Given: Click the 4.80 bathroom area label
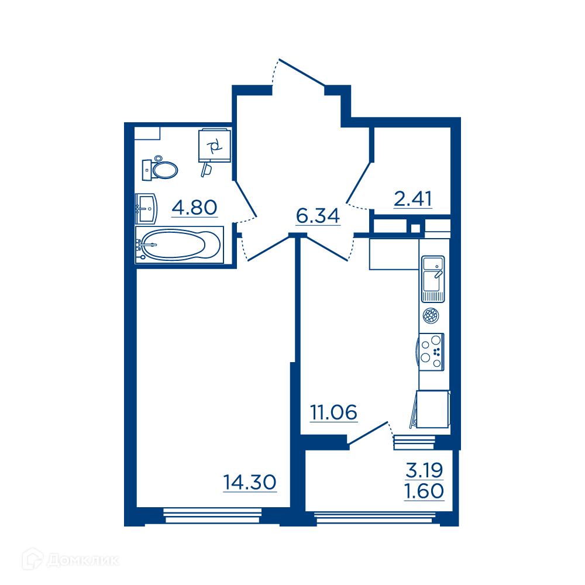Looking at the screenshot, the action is pyautogui.click(x=194, y=208).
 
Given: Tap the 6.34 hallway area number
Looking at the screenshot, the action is pyautogui.click(x=318, y=216).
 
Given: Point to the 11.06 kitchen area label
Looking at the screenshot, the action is pyautogui.click(x=333, y=412).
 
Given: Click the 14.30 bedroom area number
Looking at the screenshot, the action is pyautogui.click(x=250, y=482).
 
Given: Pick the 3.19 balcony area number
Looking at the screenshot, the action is pyautogui.click(x=424, y=470).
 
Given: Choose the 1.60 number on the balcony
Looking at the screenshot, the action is pyautogui.click(x=424, y=491).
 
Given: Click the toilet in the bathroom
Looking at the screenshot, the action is pyautogui.click(x=160, y=169).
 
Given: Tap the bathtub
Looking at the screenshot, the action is pyautogui.click(x=180, y=245).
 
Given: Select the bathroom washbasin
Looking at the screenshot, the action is pyautogui.click(x=146, y=209).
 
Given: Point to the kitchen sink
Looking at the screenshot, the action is pyautogui.click(x=433, y=278).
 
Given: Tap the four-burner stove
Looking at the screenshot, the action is pyautogui.click(x=431, y=352).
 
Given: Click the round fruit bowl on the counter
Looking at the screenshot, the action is pyautogui.click(x=431, y=316).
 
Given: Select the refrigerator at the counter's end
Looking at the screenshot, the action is pyautogui.click(x=432, y=409).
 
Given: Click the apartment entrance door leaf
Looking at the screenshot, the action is pyautogui.click(x=302, y=73).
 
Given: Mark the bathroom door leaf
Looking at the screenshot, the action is pyautogui.click(x=246, y=199).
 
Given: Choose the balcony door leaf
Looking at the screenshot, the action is pyautogui.click(x=368, y=433).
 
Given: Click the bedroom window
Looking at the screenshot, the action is pyautogui.click(x=213, y=515).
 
